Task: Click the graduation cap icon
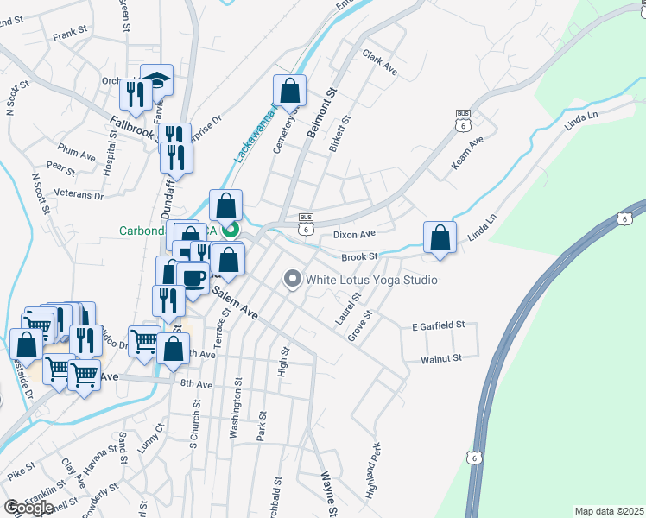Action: tap(156, 79)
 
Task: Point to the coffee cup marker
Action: tap(193, 277)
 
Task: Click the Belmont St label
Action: tap(320, 108)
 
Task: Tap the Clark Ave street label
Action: tap(380, 62)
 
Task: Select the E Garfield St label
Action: tap(439, 325)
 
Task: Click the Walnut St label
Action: tap(441, 357)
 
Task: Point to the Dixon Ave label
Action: tap(354, 234)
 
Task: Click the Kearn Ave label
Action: tap(465, 152)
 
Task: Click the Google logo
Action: tap(28, 508)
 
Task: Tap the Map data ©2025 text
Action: tap(609, 511)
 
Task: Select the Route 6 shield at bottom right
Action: tap(474, 457)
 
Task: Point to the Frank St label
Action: tap(72, 36)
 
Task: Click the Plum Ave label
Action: tap(76, 154)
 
